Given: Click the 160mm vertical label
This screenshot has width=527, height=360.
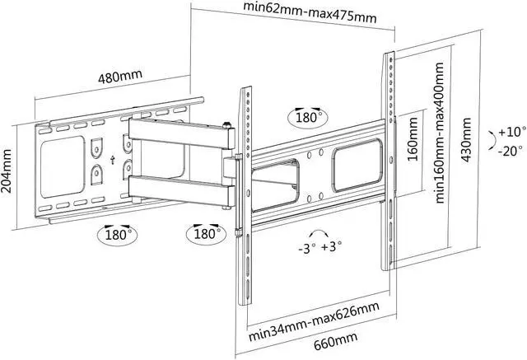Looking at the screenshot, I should [x=413, y=138].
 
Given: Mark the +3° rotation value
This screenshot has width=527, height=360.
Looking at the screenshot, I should [x=332, y=247].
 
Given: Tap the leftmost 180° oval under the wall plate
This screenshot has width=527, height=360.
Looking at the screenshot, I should [x=116, y=234].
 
